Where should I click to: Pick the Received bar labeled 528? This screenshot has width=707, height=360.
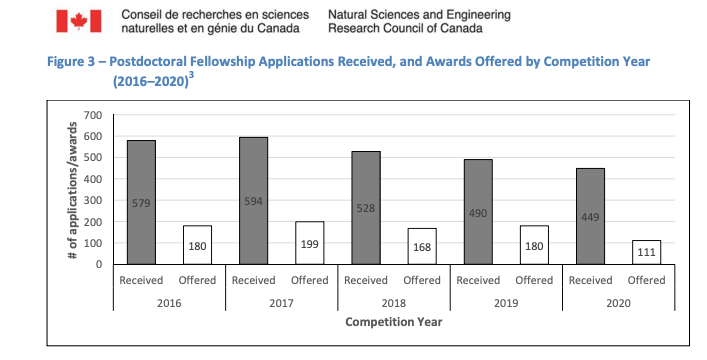366,207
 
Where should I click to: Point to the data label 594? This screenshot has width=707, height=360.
254,201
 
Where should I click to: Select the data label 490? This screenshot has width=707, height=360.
479,212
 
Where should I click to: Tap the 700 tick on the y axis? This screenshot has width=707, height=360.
92,115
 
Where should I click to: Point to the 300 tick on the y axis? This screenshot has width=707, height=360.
92,200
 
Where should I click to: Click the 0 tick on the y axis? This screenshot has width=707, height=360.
98,264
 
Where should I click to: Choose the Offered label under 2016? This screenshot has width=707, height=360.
197,280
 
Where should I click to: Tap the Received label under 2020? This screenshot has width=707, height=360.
591,280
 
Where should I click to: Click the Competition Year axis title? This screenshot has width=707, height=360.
394,322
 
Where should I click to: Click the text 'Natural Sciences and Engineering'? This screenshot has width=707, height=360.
418,15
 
